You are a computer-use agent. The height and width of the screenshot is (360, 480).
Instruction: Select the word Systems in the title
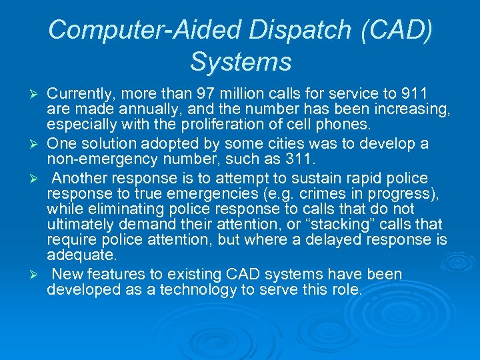[241, 62]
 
